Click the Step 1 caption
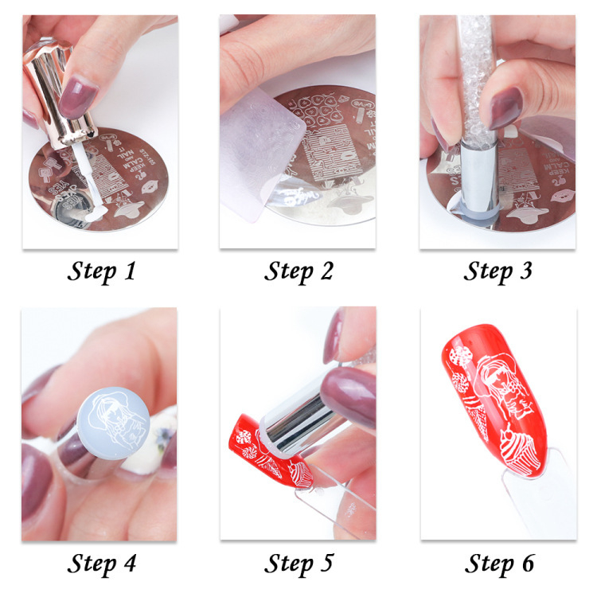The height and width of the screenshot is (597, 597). coord(101,271)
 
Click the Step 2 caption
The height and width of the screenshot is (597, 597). coord(298,271)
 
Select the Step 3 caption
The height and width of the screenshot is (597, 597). coord(497,271)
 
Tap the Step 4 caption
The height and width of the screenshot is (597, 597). coord(101,564)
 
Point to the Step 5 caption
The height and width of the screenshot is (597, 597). coord(298,564)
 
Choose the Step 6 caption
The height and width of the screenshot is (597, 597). coord(497,564)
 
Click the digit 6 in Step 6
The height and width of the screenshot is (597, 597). coord(527,564)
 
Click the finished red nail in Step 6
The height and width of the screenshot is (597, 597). coord(486,398)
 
